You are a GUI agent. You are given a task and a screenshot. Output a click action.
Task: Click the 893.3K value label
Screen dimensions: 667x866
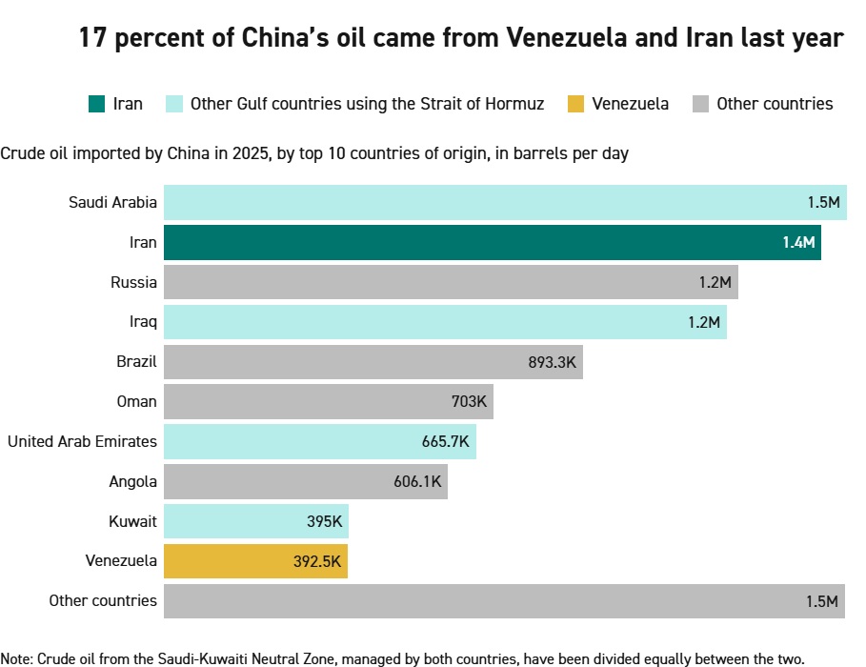[x=553, y=362]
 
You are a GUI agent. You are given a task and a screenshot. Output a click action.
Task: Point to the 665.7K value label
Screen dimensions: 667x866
[x=446, y=442]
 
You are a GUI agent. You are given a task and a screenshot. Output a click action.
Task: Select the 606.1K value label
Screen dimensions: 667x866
[x=417, y=481]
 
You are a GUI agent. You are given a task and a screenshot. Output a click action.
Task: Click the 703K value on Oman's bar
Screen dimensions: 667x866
[x=469, y=402]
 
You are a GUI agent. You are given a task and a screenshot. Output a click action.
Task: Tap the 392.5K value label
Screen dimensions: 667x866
[x=317, y=561]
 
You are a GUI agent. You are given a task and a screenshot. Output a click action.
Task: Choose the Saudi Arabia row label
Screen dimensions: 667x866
[x=112, y=202]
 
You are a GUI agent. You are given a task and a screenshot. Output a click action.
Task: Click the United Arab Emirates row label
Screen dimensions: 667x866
[x=82, y=442]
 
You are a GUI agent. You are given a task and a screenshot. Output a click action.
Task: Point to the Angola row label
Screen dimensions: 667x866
[x=132, y=481]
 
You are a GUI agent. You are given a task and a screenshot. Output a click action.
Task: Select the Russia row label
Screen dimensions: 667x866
[x=133, y=282]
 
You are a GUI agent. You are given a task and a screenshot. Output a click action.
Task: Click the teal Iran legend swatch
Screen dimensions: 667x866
[x=96, y=104]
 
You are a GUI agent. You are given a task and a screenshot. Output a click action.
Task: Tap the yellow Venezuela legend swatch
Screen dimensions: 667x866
[x=574, y=104]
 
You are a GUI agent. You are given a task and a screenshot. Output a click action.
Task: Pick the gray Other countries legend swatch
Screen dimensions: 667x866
[x=699, y=104]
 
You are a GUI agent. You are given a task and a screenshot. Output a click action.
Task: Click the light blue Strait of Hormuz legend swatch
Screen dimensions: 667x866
[x=173, y=104]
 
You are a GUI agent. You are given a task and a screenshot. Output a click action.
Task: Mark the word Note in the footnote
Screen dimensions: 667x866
[x=16, y=658]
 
